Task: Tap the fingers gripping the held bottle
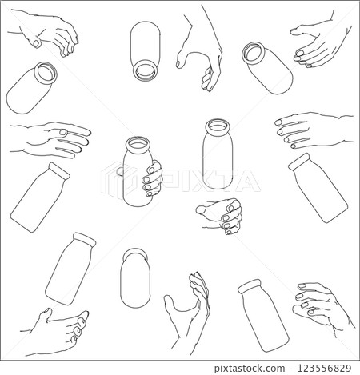click(152, 179)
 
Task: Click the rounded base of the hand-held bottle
click(138, 201)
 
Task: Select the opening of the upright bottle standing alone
click(218, 126)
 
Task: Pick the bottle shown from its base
click(135, 278)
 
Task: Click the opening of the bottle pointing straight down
click(145, 70)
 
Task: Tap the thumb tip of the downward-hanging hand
click(179, 62)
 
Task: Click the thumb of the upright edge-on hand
click(171, 302)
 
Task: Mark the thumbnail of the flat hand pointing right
click(64, 132)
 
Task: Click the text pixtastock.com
click(250, 369)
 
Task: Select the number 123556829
click(324, 369)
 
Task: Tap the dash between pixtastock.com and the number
click(290, 369)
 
